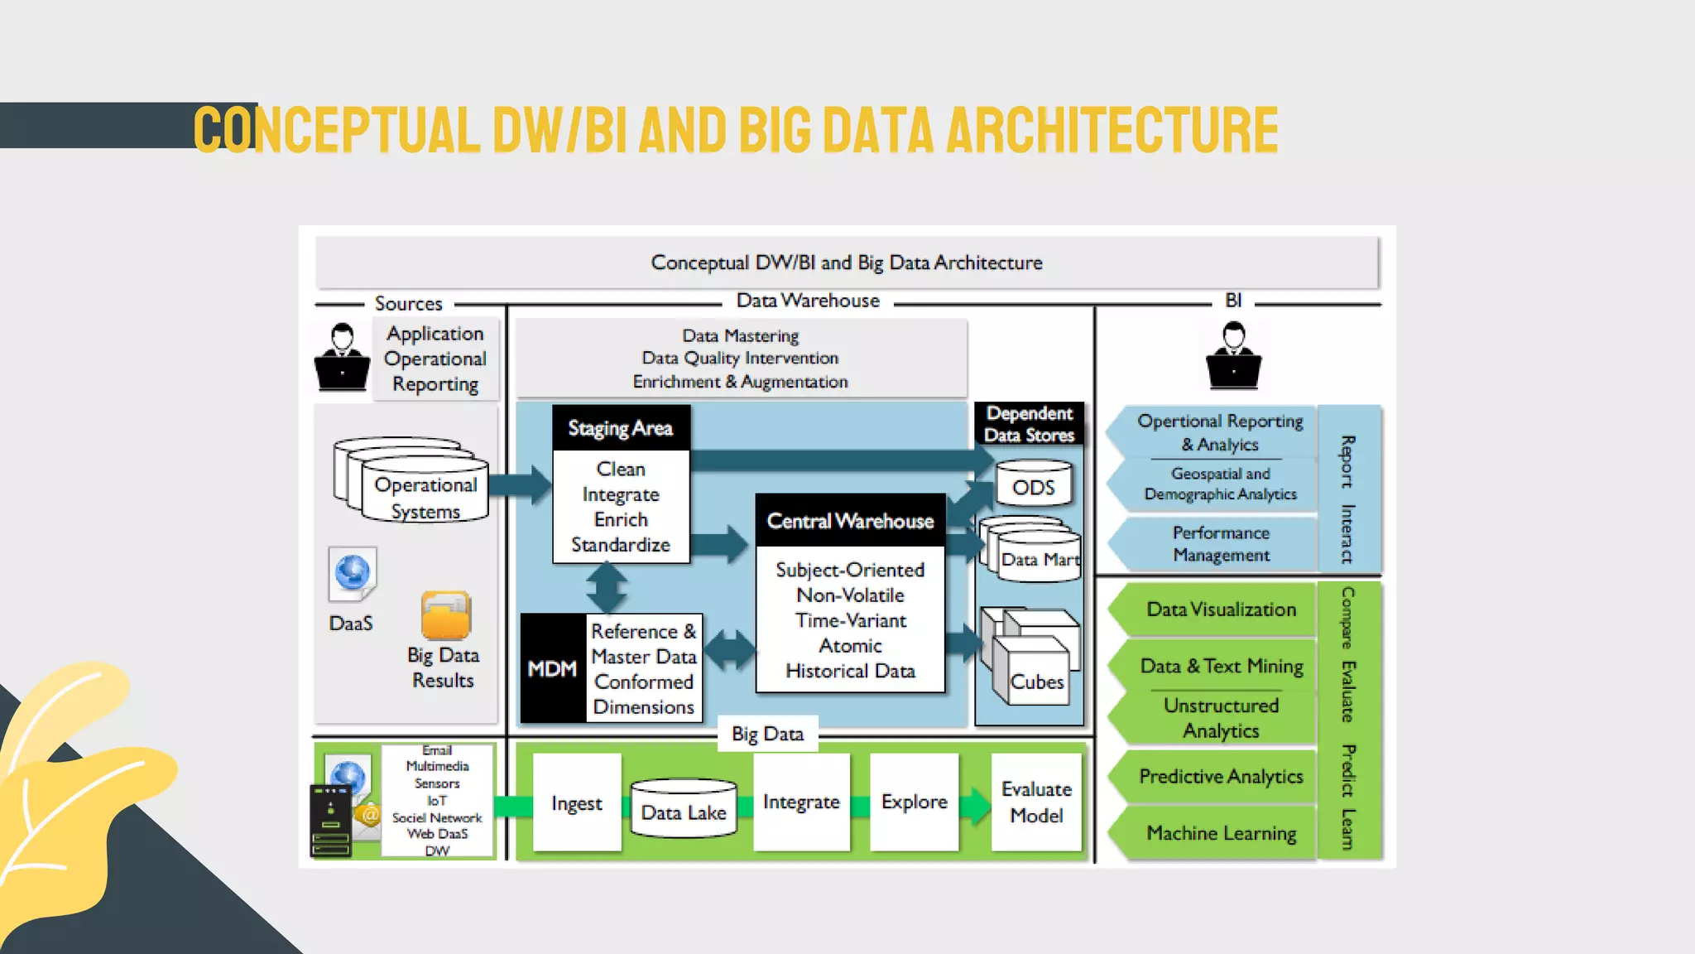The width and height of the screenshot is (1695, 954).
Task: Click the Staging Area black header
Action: click(x=621, y=428)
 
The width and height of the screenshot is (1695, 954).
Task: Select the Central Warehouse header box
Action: click(x=850, y=521)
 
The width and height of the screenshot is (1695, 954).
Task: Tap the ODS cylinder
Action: click(x=1034, y=486)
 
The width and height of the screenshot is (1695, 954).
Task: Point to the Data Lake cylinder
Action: click(x=684, y=809)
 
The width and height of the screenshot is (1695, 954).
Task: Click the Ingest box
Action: click(x=577, y=802)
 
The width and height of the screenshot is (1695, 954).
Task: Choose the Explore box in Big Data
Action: click(x=914, y=802)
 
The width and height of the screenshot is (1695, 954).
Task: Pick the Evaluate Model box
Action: click(x=1036, y=802)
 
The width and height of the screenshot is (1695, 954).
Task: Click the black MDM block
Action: click(x=553, y=668)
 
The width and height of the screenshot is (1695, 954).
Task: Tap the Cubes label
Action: click(x=1036, y=682)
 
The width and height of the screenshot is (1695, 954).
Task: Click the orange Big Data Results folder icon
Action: click(x=446, y=615)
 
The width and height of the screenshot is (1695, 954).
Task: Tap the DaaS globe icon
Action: click(x=353, y=573)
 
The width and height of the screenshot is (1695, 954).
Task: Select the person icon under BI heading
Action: click(x=1233, y=356)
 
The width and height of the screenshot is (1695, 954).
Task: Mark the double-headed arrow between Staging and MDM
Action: click(x=607, y=588)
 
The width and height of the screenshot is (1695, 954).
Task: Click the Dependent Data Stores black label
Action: click(x=1029, y=424)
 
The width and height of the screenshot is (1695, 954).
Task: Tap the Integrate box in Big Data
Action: click(x=801, y=802)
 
